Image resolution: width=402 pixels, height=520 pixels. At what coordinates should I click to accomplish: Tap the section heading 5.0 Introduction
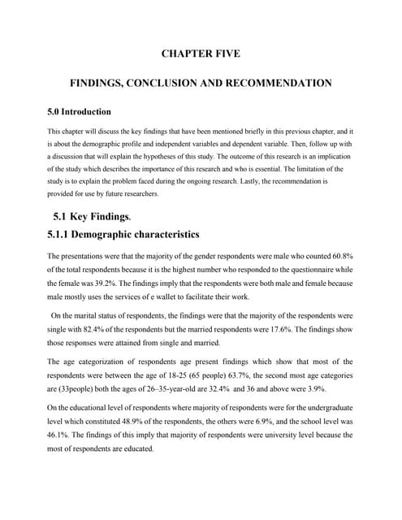[x=79, y=111]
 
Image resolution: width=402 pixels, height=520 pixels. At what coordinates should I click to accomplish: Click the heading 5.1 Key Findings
[x=89, y=217]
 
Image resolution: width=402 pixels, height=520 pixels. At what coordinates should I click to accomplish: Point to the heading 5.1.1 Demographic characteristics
[x=123, y=236]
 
